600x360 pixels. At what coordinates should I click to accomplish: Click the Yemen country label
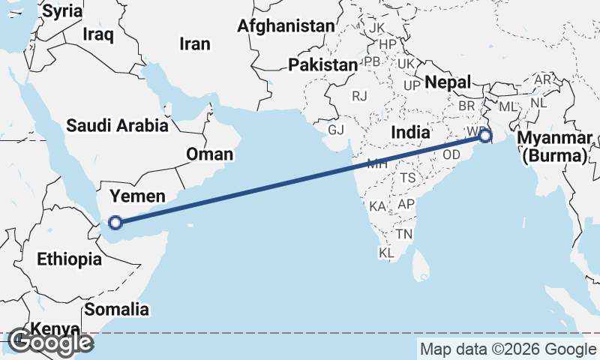click(137, 196)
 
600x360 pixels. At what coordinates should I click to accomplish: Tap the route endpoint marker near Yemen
click(115, 222)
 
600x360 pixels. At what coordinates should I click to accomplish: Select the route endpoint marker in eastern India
click(485, 136)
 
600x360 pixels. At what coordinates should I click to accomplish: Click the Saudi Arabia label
click(117, 125)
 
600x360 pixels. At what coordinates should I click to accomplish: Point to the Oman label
click(209, 154)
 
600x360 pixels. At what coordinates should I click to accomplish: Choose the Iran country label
click(194, 44)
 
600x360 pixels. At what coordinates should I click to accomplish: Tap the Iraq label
click(98, 34)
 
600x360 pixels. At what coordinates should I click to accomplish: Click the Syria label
click(62, 10)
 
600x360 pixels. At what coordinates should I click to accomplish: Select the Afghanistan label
click(285, 26)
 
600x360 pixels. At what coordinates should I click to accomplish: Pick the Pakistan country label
click(322, 65)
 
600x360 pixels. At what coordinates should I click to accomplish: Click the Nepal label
click(448, 82)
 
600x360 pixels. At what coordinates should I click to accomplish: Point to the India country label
click(411, 132)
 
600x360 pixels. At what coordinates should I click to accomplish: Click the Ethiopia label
click(69, 259)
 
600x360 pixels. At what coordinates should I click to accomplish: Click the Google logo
click(51, 343)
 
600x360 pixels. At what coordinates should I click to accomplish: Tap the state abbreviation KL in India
click(386, 253)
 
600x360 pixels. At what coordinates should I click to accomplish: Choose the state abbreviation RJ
click(360, 96)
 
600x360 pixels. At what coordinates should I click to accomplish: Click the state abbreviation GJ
click(335, 129)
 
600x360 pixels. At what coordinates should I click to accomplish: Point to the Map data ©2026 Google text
click(507, 349)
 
